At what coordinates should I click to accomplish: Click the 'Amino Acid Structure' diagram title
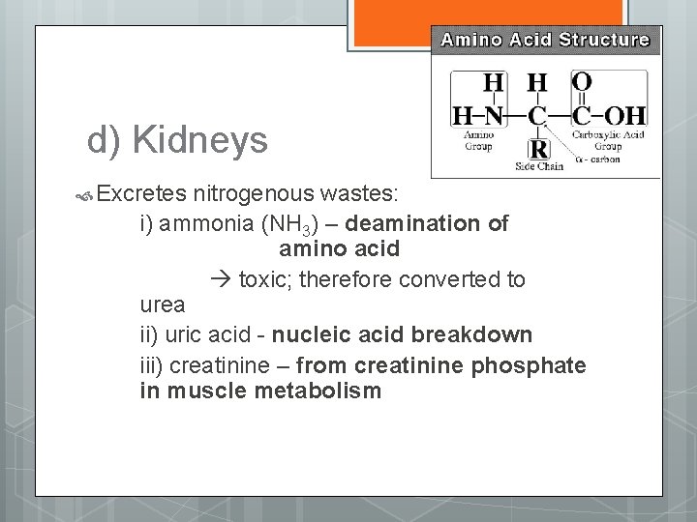[x=546, y=41]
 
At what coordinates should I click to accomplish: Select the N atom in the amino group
[x=494, y=116]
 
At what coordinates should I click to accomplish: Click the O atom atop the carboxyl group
[x=582, y=81]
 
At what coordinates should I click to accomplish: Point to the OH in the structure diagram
[x=624, y=116]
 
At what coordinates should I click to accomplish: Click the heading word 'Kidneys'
[x=200, y=141]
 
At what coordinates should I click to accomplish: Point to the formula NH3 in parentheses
[x=279, y=224]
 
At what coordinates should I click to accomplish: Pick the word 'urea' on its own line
[x=162, y=305]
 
